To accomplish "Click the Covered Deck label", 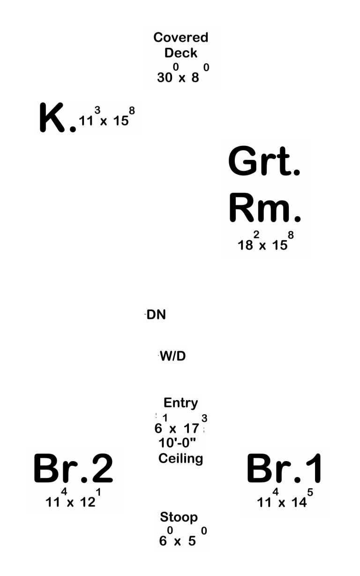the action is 181,45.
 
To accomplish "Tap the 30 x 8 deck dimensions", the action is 183,73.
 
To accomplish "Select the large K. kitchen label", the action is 58,118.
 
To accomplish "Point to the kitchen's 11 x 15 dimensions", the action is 107,116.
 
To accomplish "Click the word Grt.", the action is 264,161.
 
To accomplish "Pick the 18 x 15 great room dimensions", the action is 265,241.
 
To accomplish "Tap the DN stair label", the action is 156,314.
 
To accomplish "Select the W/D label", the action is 172,356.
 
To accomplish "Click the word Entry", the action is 181,403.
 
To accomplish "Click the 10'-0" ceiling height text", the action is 177,443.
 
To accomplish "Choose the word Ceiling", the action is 180,459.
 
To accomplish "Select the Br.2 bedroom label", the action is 73,468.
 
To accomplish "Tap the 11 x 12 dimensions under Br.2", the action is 73,498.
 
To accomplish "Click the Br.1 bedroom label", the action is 284,468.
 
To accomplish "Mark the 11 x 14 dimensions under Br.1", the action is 285,498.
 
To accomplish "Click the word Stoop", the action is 179,517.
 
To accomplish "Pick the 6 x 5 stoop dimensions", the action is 183,537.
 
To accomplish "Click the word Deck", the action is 181,53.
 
